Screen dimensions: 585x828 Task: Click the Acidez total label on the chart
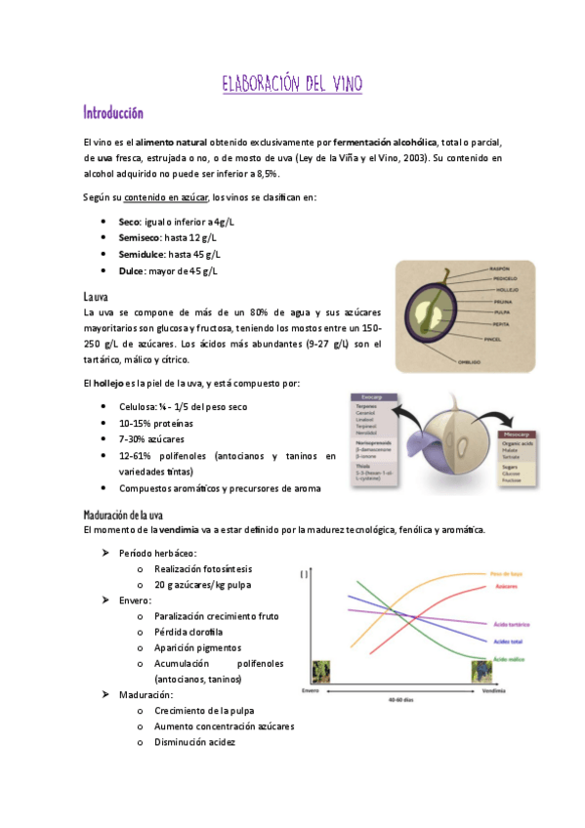[506, 642]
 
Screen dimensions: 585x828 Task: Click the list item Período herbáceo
[157, 553]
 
